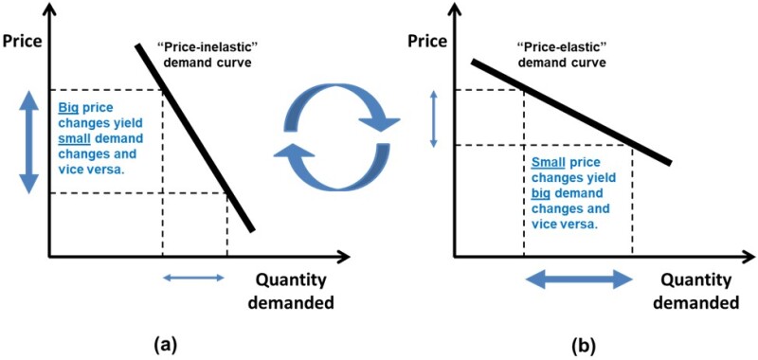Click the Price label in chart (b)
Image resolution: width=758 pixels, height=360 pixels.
pyautogui.click(x=427, y=42)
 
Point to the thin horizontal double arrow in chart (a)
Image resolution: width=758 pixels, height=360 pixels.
pyautogui.click(x=194, y=278)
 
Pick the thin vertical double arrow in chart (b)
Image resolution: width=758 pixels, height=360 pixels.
pyautogui.click(x=433, y=117)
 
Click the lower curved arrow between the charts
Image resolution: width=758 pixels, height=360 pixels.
pyautogui.click(x=328, y=156)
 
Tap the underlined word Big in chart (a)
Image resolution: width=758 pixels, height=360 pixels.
pyautogui.click(x=69, y=107)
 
